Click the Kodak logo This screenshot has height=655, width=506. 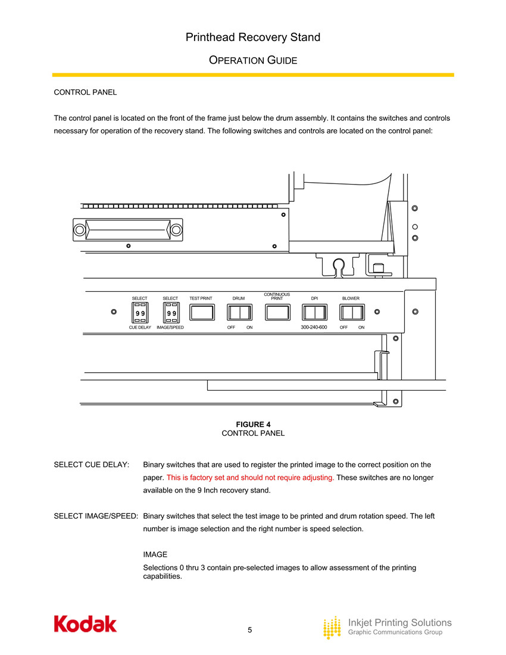(x=85, y=623)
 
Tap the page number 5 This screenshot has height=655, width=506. (x=250, y=630)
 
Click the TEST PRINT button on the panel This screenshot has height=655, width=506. (x=201, y=312)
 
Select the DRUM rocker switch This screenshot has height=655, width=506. (x=239, y=312)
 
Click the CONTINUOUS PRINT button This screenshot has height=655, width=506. (x=277, y=312)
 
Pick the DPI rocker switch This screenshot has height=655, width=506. (x=314, y=312)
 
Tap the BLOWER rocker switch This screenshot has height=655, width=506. (x=351, y=312)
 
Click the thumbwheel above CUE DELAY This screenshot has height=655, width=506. (x=140, y=312)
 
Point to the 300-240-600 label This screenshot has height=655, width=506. (x=314, y=327)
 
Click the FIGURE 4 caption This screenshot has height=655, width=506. (x=253, y=424)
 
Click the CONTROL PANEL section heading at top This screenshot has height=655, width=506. (x=85, y=92)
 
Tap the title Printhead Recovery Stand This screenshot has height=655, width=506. (x=253, y=38)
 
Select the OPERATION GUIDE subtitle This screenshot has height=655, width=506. (x=253, y=61)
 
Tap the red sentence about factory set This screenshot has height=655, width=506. (x=249, y=478)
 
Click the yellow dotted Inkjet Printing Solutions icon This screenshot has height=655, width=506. (x=332, y=628)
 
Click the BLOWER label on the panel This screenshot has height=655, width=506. (x=351, y=298)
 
